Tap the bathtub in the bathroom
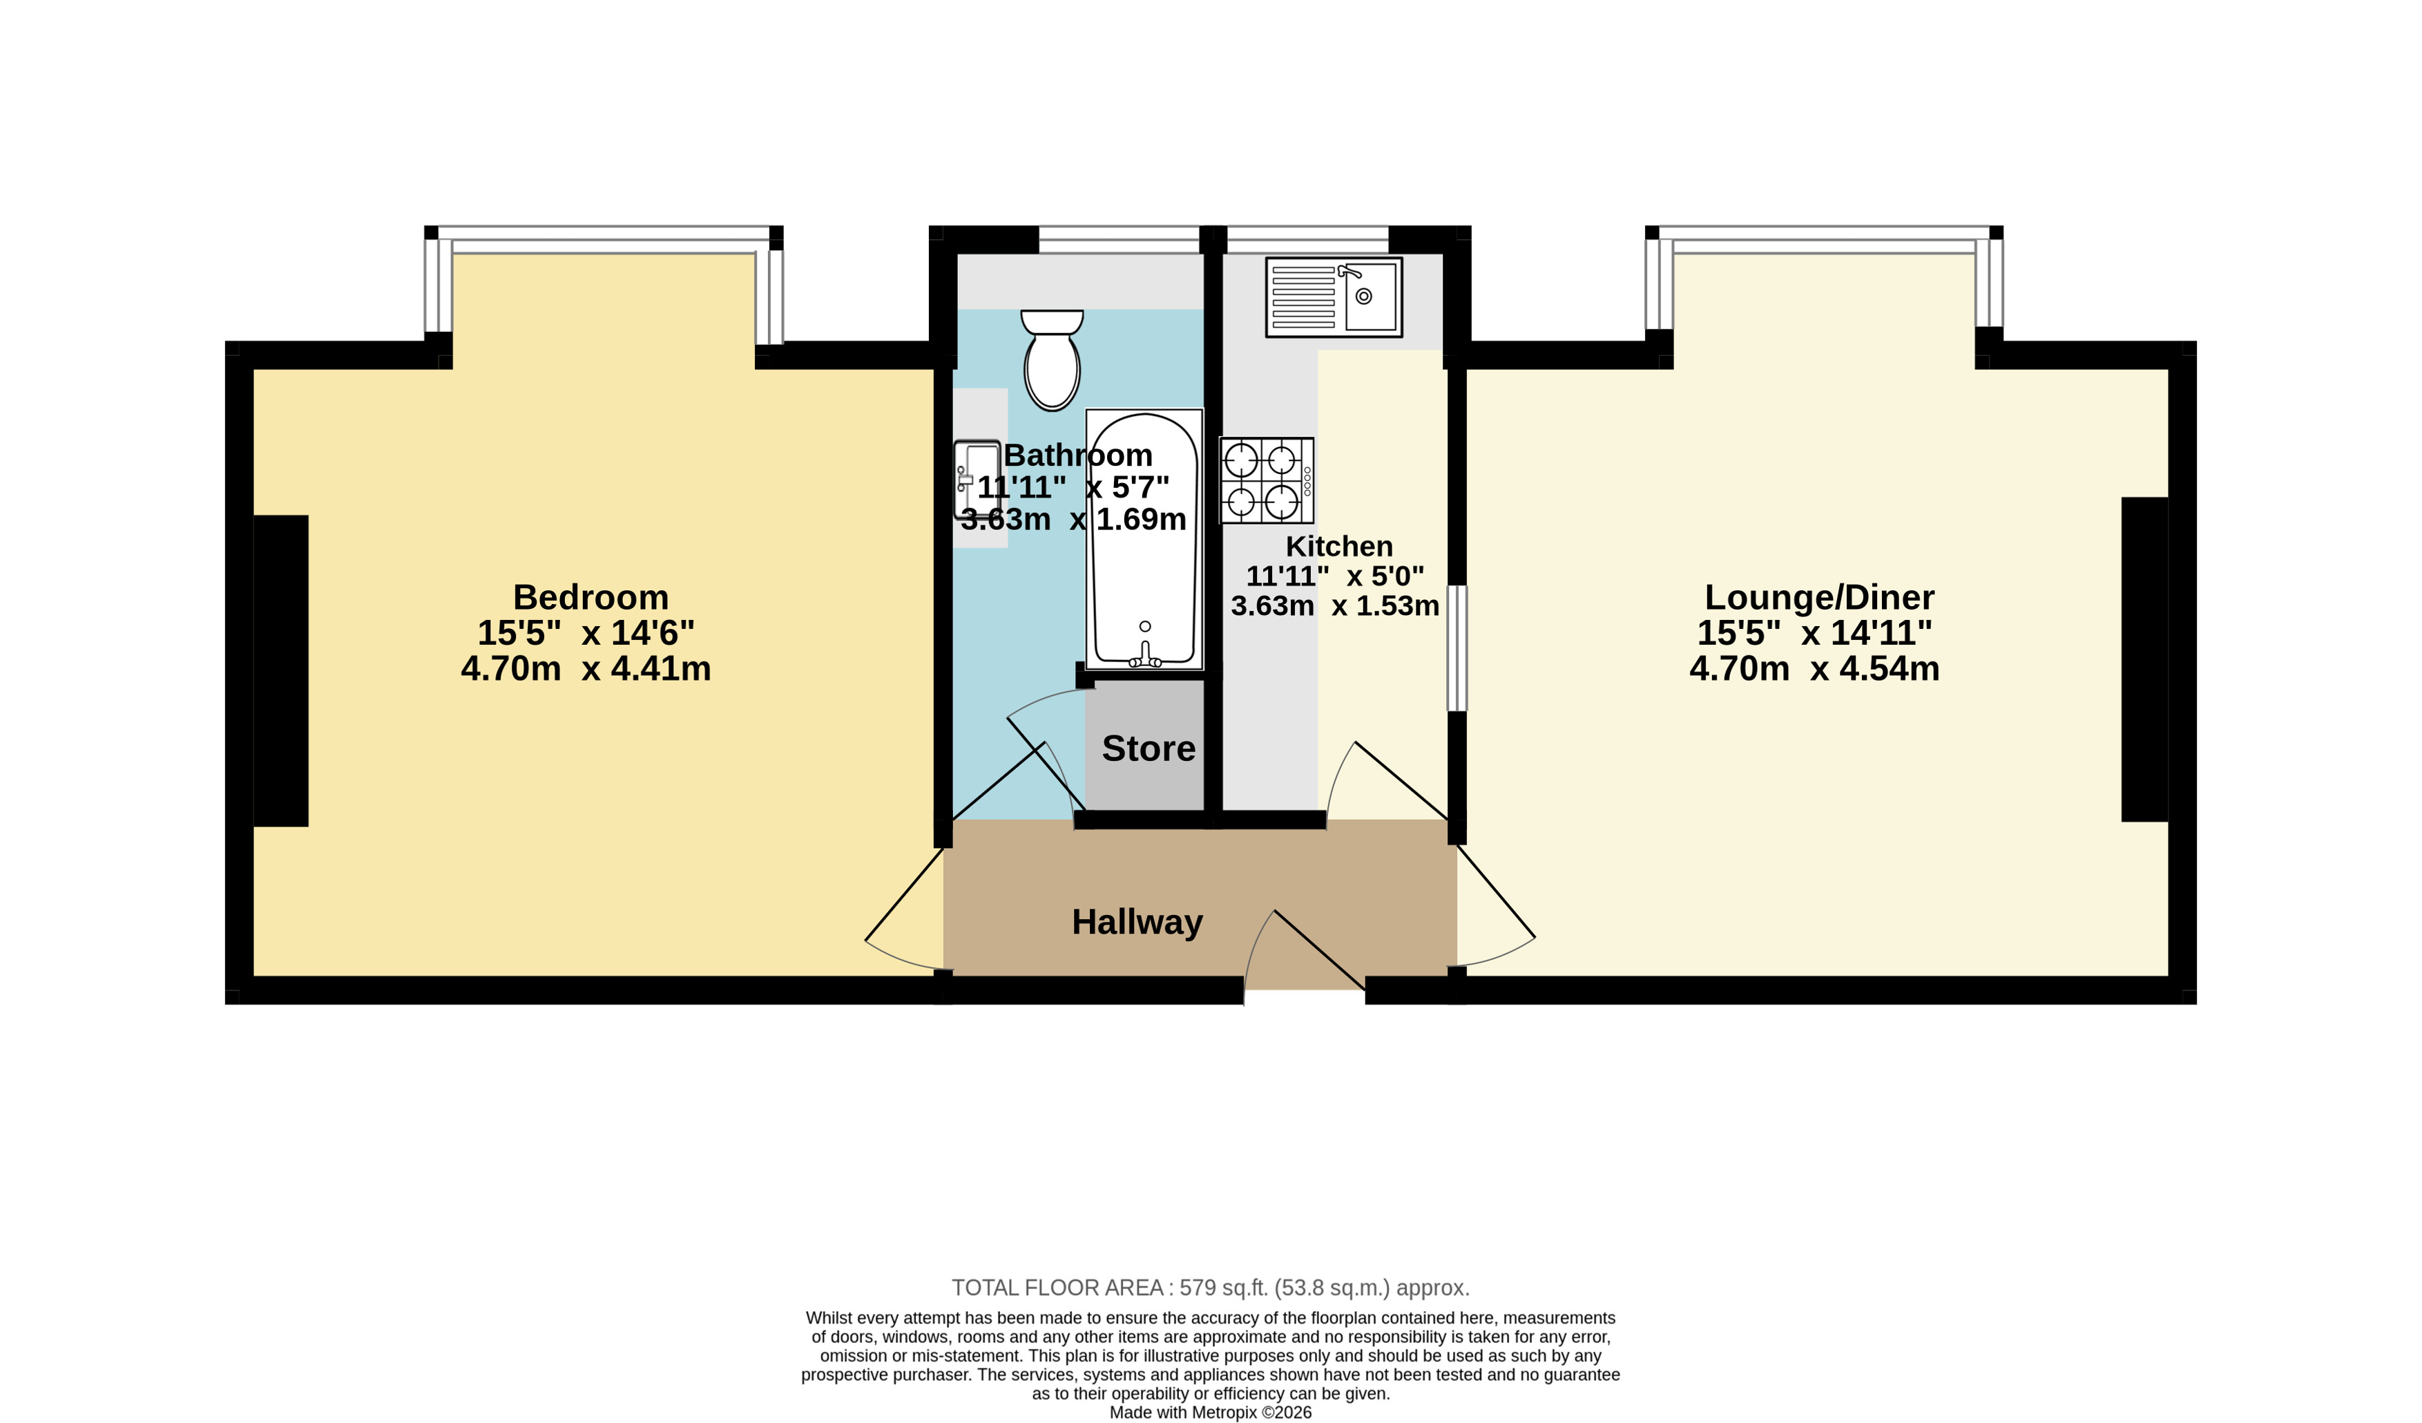point(1144,539)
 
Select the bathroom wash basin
point(977,480)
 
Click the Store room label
point(1148,748)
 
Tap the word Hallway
point(1137,922)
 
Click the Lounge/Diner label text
point(1819,597)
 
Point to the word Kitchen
point(1339,546)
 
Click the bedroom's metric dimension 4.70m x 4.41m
point(586,668)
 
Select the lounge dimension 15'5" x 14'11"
point(1814,632)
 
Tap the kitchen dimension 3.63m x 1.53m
point(1335,605)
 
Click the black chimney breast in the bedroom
point(280,671)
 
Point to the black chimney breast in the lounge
point(2144,659)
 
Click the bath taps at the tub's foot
point(1144,656)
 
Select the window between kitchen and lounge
point(1457,648)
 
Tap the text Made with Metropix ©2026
point(1210,1413)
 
